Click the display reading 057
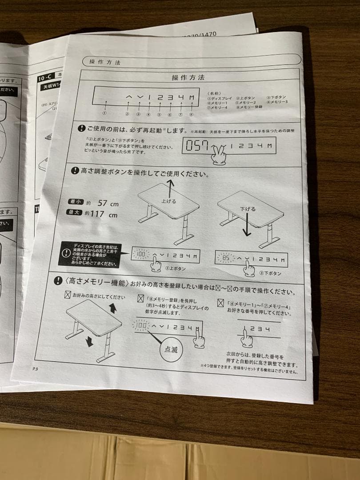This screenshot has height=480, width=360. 196,146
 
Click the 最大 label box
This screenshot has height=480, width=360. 73,213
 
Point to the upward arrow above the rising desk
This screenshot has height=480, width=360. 169,187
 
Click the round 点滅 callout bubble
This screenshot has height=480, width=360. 171,350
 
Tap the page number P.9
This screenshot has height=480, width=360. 36,368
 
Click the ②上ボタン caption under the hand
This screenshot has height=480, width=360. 175,269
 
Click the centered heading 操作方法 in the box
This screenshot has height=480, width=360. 188,77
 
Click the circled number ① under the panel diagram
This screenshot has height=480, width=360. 105,113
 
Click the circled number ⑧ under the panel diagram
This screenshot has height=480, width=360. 191,114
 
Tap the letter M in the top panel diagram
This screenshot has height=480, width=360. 192,97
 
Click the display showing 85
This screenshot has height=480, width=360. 226,258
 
